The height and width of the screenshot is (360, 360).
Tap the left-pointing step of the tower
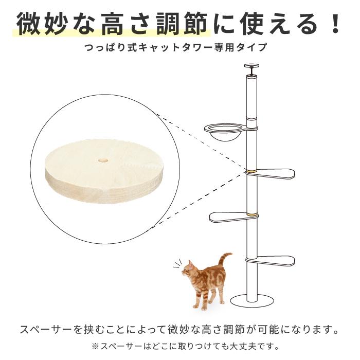[231, 218]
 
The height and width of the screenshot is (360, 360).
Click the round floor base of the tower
[251, 300]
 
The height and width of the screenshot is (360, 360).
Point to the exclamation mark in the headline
[335, 25]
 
